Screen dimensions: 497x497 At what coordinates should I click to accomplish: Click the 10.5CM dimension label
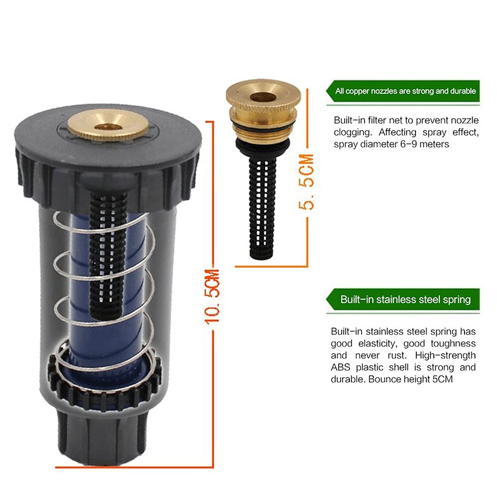(212, 297)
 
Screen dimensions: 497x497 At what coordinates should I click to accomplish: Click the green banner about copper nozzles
(403, 91)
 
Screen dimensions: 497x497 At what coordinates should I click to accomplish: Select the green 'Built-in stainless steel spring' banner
(403, 299)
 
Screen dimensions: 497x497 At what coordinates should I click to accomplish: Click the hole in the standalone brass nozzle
(263, 97)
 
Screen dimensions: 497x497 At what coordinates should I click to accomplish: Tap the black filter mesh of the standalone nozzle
(262, 208)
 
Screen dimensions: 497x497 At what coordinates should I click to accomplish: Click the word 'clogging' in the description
(353, 133)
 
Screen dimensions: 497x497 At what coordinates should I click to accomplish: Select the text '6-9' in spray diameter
(409, 144)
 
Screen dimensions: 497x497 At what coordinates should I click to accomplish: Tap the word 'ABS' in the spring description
(340, 367)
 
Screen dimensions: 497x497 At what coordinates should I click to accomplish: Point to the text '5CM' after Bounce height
(443, 380)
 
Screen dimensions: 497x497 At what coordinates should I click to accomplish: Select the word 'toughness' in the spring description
(453, 344)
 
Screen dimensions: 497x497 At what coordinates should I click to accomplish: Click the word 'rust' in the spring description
(397, 356)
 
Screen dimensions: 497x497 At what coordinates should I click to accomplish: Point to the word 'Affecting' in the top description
(398, 133)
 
